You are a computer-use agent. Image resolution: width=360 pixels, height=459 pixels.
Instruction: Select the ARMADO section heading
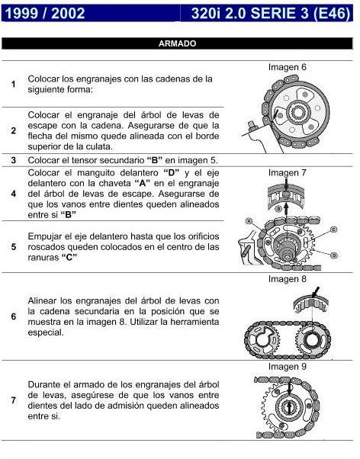point(177,44)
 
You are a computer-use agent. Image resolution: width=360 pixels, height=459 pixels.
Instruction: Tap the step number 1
point(14,84)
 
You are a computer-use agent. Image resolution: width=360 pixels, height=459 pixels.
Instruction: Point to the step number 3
point(14,160)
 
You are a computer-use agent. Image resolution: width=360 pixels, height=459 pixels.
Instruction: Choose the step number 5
point(14,247)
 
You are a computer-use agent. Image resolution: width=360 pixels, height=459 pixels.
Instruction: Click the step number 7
point(14,400)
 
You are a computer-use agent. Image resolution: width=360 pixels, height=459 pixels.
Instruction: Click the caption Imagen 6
point(288,68)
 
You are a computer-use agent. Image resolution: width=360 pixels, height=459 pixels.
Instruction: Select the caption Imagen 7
point(288,173)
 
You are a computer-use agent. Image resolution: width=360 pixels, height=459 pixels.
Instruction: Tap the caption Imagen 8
point(288,279)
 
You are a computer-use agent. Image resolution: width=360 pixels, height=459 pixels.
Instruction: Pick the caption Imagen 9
point(288,366)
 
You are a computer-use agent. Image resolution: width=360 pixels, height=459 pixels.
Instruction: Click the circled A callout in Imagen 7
point(249,220)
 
